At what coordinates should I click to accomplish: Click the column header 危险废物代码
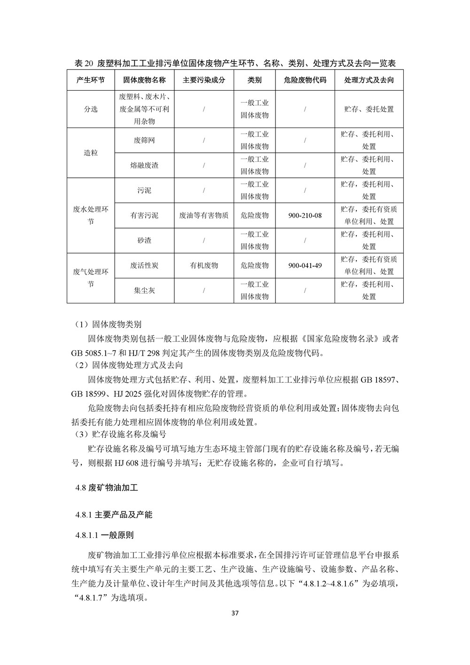305,80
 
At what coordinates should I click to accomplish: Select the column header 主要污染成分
204,80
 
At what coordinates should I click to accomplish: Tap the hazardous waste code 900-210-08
305,215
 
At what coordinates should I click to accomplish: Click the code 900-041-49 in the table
305,266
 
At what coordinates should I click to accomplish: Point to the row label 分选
91,109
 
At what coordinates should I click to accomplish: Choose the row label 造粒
91,153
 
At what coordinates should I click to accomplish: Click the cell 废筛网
144,140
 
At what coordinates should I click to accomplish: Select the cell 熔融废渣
144,166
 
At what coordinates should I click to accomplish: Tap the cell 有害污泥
144,215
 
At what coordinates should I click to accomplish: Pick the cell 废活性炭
144,266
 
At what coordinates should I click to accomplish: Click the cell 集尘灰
144,291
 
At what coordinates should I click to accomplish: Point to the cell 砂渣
144,240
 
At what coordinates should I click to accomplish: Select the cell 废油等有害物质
204,215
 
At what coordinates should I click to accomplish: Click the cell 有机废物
204,266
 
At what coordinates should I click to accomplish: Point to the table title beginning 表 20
235,63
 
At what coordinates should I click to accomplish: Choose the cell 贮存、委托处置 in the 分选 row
369,109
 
